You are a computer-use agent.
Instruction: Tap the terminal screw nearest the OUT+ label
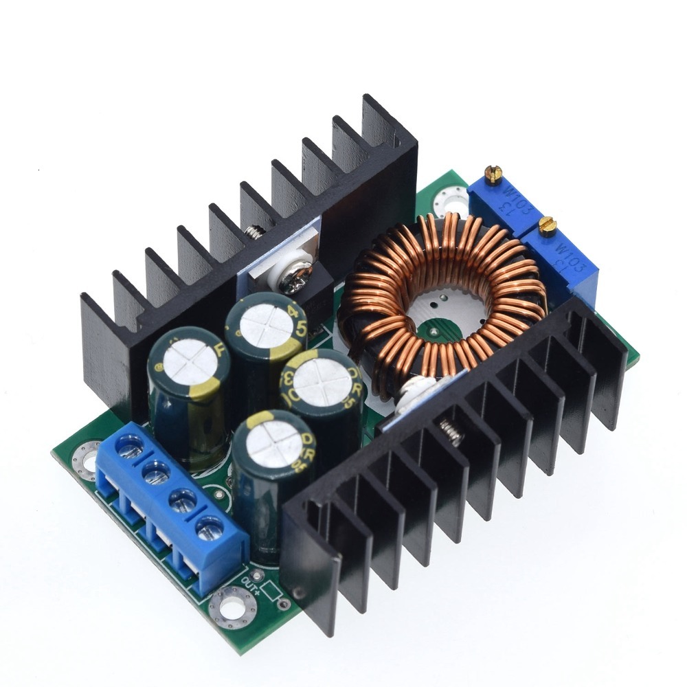(208, 529)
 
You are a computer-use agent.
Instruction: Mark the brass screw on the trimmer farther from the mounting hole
(547, 225)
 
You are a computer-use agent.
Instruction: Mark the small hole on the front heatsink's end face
(297, 592)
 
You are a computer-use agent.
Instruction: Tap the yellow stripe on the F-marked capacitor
(200, 392)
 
